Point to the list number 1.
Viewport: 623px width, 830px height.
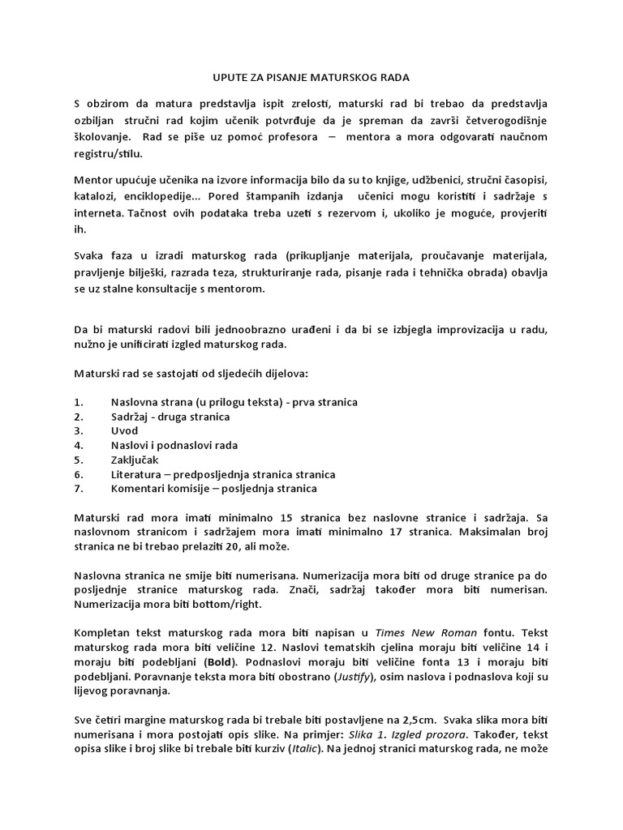tap(78, 402)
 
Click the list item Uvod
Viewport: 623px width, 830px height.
tap(124, 431)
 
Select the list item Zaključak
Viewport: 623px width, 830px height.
tap(135, 460)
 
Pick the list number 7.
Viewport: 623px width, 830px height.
tap(78, 489)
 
